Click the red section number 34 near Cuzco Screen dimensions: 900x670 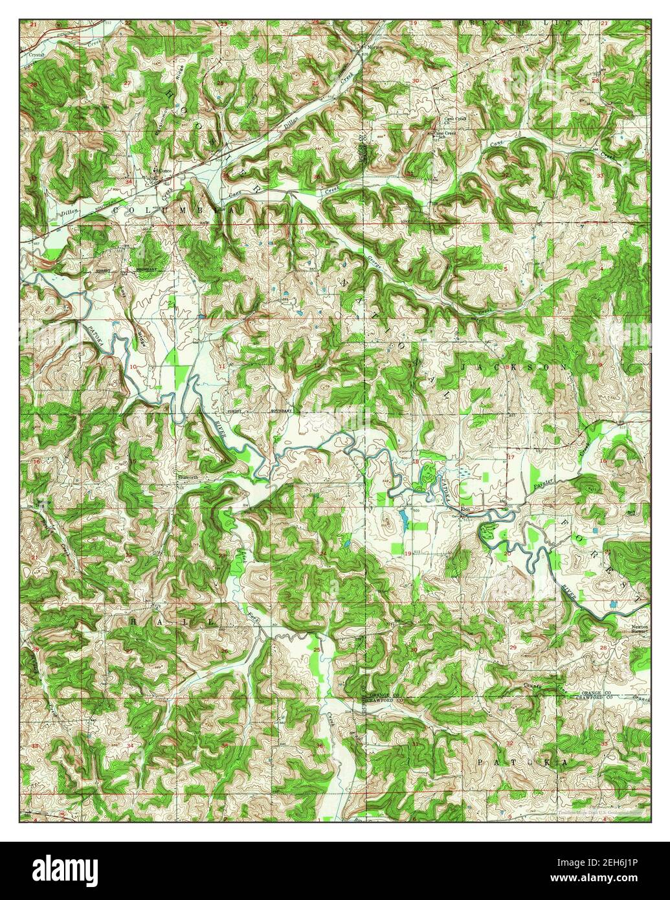128,182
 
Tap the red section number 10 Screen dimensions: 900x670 133,367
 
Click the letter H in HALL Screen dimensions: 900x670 133,621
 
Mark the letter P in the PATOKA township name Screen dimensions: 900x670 480,763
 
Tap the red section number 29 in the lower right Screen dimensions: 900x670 513,647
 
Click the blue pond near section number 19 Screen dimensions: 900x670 403,518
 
